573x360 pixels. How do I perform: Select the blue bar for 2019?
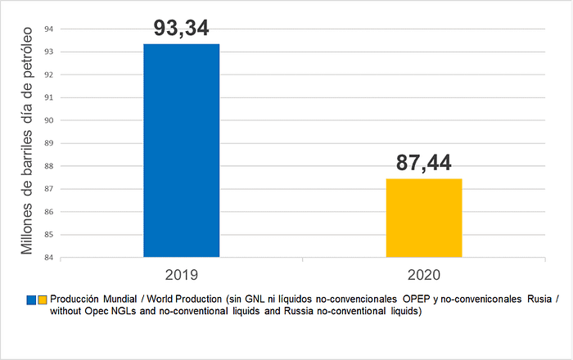coord(181,151)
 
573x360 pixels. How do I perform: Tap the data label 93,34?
coord(181,27)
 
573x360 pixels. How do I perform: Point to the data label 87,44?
coord(424,162)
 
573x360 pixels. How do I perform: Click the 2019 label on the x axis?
coord(181,274)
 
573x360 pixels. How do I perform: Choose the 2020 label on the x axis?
coord(424,274)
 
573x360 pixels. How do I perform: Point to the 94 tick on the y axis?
coord(48,29)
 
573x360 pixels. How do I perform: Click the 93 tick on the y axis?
coord(48,52)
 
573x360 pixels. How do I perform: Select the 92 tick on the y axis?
coord(48,74)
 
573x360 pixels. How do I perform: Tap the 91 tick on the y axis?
coord(48,97)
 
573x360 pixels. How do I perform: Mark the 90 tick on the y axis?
coord(48,120)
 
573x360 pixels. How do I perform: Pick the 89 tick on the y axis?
coord(48,143)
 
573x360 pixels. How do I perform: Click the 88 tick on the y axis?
coord(48,166)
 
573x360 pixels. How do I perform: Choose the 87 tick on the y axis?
coord(48,189)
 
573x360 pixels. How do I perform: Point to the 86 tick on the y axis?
coord(48,212)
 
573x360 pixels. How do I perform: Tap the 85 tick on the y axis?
coord(48,235)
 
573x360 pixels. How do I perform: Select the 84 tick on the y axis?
coord(48,258)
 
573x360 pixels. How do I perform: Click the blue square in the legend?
coord(31,300)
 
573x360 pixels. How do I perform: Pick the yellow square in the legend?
coord(43,300)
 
